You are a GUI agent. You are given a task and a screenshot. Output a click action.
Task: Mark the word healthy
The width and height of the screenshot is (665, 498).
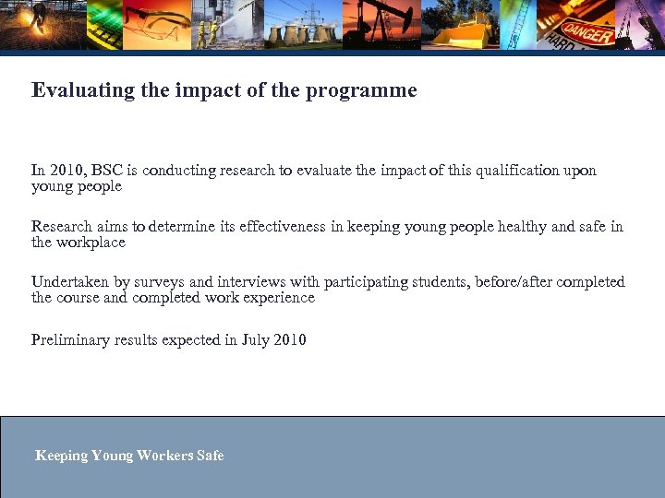[x=522, y=226]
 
